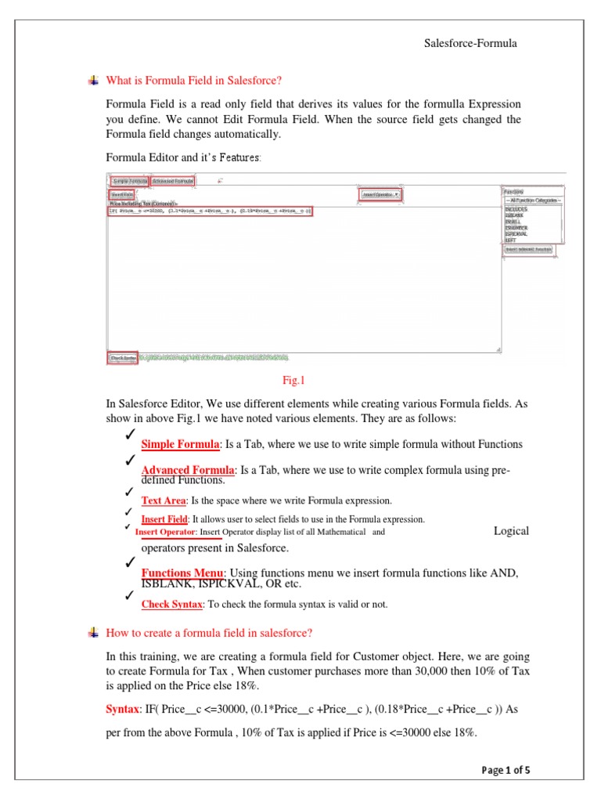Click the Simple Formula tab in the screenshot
click(128, 181)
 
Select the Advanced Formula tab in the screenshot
click(174, 181)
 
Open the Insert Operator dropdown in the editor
click(380, 194)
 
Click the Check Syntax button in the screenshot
click(123, 358)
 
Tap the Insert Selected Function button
click(527, 249)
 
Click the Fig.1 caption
click(293, 381)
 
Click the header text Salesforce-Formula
click(470, 44)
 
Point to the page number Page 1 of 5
click(506, 770)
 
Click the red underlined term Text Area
click(164, 500)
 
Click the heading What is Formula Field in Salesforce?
click(193, 81)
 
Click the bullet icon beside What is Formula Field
click(93, 80)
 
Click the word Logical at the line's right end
click(511, 531)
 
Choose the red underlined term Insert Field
click(164, 519)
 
